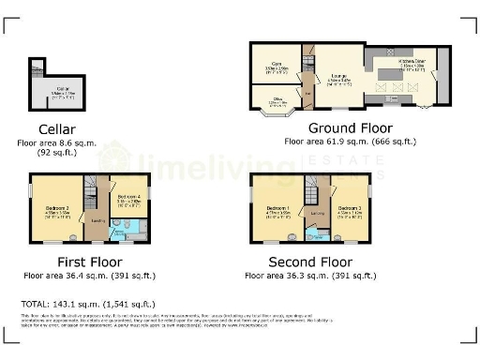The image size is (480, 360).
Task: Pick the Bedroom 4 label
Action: (x=128, y=198)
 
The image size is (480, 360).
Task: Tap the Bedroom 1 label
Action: (x=277, y=210)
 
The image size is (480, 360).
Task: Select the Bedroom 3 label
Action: (x=349, y=210)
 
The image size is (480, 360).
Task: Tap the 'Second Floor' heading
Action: (x=310, y=262)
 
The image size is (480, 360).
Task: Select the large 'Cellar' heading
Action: (x=57, y=128)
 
